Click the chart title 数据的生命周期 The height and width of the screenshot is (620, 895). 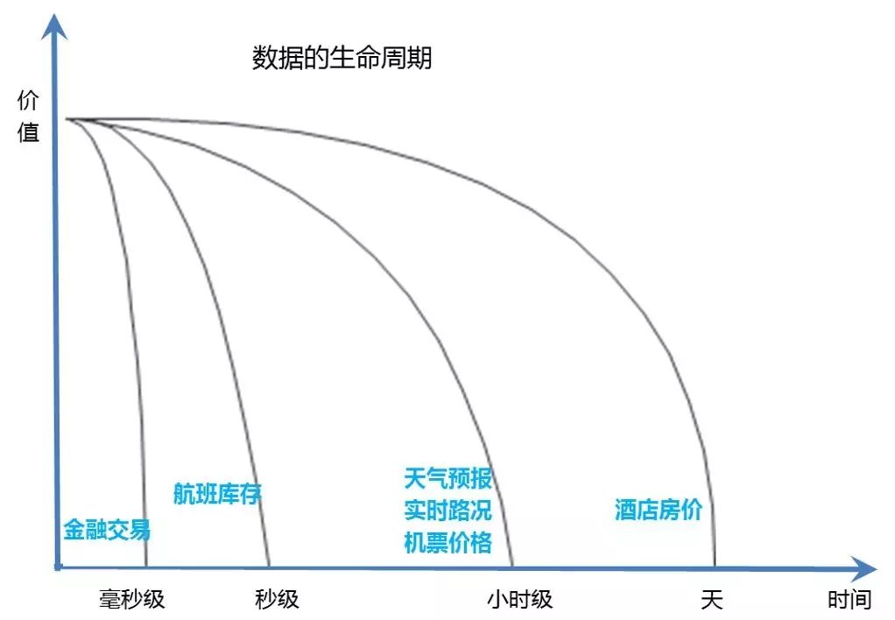[342, 60]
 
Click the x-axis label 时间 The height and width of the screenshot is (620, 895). [849, 600]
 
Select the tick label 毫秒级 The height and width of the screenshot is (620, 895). [131, 599]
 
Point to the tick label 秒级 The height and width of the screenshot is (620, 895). [277, 599]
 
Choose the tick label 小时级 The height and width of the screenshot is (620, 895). [519, 599]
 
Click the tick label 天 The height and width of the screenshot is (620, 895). [712, 599]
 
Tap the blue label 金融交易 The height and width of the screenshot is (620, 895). [107, 530]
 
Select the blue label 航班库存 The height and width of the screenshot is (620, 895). [217, 494]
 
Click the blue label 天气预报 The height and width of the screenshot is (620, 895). [447, 479]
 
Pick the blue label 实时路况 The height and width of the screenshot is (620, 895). [447, 511]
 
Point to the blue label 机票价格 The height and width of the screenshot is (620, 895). [447, 542]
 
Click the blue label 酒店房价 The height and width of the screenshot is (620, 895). [659, 511]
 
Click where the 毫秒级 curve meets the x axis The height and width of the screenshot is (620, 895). [146, 567]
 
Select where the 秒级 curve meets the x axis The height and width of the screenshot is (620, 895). [269, 567]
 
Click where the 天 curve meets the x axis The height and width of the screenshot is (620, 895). [715, 567]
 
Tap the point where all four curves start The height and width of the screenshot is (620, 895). [67, 119]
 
